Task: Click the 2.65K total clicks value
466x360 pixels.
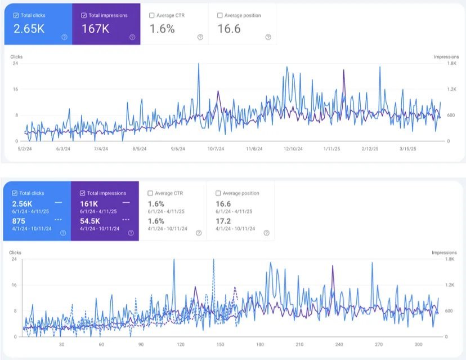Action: pos(29,29)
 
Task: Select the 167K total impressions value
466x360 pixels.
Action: pos(96,29)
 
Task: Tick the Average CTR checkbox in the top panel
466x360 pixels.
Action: pos(151,15)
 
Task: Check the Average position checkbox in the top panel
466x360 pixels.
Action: pos(219,15)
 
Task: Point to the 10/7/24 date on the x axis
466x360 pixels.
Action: pos(216,149)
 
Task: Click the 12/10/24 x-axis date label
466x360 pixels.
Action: pos(293,149)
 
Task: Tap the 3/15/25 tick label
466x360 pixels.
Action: pos(407,149)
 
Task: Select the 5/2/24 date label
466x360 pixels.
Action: pos(25,149)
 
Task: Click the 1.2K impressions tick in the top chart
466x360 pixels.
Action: pos(452,89)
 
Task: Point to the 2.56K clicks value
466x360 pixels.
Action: pos(22,204)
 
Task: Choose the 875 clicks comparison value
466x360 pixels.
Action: pos(19,221)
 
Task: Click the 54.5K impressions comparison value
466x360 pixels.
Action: pos(89,221)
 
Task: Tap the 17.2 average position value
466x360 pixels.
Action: pos(223,221)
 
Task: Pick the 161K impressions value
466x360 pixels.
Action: pos(89,204)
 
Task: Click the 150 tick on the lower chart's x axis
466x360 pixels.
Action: pos(220,345)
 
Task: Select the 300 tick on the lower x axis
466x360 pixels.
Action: pos(419,345)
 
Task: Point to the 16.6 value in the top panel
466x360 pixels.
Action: pos(229,29)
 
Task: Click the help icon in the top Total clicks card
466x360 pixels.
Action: pos(64,37)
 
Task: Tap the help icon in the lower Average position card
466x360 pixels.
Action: pos(267,233)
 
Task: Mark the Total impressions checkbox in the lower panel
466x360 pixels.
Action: pos(82,193)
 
